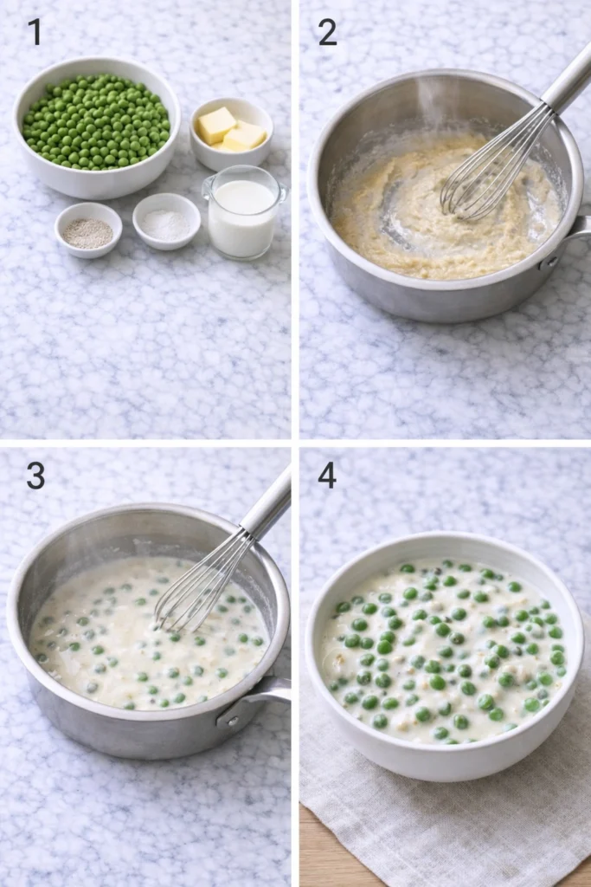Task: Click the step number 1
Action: (35, 32)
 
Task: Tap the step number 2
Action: (327, 32)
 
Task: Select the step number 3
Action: (35, 476)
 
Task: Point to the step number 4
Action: (327, 476)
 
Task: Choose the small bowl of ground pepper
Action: (88, 230)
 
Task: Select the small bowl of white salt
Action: (166, 222)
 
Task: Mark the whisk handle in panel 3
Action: (268, 502)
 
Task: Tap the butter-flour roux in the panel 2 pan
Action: (407, 208)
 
